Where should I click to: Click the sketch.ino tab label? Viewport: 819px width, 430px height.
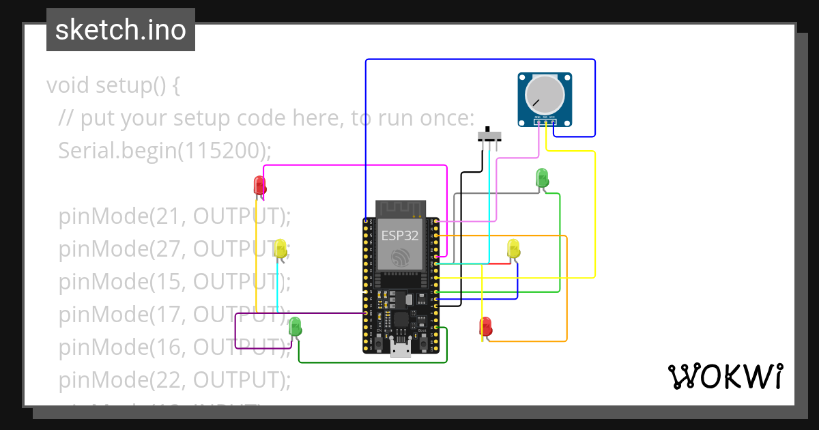point(121,30)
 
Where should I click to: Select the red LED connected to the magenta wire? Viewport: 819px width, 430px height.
point(259,186)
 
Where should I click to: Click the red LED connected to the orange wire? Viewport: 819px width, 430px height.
point(485,326)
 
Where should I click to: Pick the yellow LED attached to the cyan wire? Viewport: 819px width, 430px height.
point(280,248)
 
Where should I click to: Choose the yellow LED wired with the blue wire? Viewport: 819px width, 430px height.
point(514,248)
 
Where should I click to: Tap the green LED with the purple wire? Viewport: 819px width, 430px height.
point(295,326)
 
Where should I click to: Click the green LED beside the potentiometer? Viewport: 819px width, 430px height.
point(541,177)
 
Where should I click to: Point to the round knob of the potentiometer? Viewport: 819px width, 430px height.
point(545,94)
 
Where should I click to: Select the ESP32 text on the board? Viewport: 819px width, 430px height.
point(400,236)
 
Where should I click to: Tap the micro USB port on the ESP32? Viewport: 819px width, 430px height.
point(401,349)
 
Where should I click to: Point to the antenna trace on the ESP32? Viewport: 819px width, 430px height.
point(401,207)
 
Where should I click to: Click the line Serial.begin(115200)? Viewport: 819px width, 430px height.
point(165,150)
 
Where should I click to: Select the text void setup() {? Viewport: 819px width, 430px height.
point(113,85)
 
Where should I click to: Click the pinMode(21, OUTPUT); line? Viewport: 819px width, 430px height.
point(175,216)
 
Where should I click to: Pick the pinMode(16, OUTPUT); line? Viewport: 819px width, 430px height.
point(175,347)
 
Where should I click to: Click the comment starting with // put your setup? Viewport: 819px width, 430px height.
point(266,118)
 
